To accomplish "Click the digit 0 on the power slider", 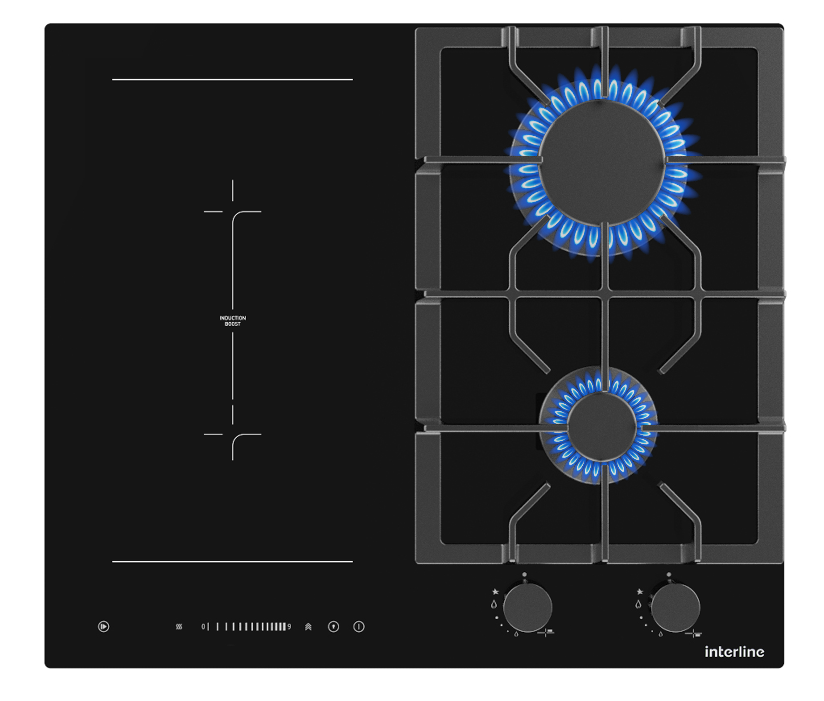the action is tap(203, 627).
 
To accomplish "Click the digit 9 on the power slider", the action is tap(289, 627).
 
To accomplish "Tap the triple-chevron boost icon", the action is tap(308, 627).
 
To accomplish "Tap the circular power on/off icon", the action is tap(359, 627).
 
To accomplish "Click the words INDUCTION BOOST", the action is tap(232, 321).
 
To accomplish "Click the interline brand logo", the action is tap(734, 652).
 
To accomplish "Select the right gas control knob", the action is tap(675, 607).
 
